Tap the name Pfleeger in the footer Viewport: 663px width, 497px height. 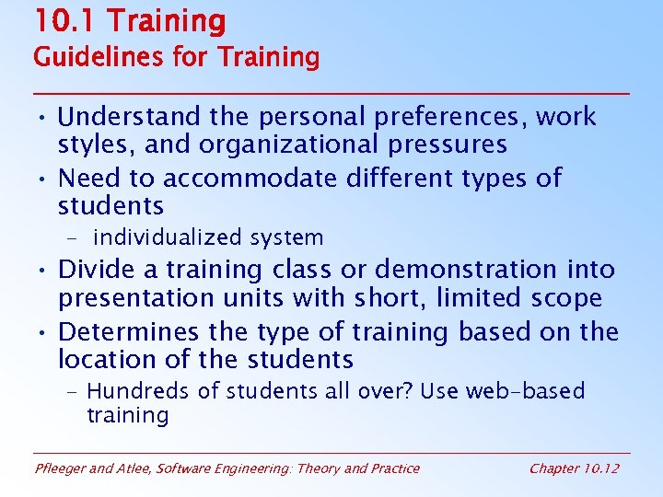[61, 468]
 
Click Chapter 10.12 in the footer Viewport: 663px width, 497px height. [574, 468]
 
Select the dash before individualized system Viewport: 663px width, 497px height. [73, 238]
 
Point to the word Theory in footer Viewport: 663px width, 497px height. [317, 468]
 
